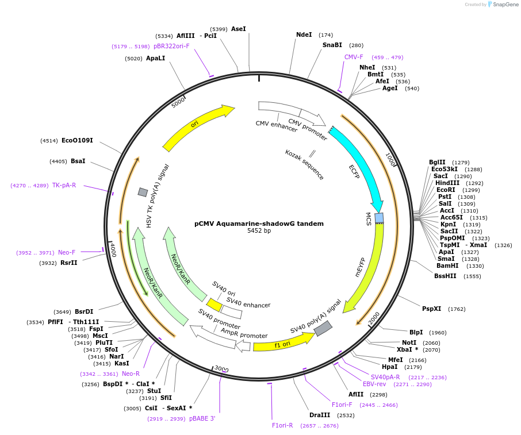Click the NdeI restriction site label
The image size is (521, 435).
tap(304, 35)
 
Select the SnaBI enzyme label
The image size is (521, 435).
tap(332, 45)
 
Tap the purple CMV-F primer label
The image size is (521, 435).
tap(354, 57)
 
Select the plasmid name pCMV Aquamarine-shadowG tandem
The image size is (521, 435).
tap(259, 224)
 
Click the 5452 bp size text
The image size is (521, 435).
tap(259, 231)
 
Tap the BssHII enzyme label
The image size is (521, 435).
tap(445, 276)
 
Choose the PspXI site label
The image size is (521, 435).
tap(431, 309)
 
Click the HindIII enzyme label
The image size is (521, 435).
tap(447, 183)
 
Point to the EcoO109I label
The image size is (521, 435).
tap(77, 140)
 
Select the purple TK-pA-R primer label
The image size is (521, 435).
tap(64, 185)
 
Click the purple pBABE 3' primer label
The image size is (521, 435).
tap(202, 419)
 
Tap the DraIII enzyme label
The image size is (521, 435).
tap(320, 415)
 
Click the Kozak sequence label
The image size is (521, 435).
tap(304, 165)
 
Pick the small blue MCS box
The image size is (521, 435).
tap(379, 218)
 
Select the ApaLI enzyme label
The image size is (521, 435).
tap(155, 58)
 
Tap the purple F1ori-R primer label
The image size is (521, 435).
tap(282, 425)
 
